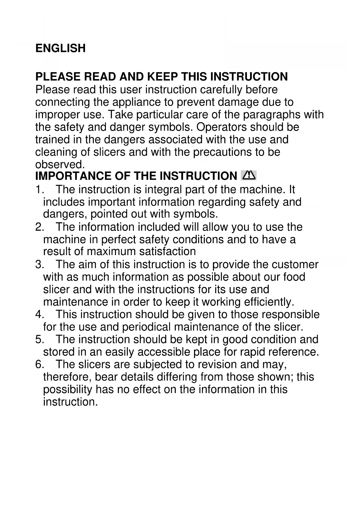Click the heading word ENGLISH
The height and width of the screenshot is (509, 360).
pyautogui.click(x=60, y=48)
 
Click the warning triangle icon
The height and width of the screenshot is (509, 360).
pyautogui.click(x=248, y=176)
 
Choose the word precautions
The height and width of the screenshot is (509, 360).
pyautogui.click(x=222, y=152)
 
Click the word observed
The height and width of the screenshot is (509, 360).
pyautogui.click(x=60, y=165)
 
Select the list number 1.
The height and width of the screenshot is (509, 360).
pyautogui.click(x=39, y=190)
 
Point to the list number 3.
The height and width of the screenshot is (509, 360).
pyautogui.click(x=39, y=265)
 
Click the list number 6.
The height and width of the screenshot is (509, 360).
pyautogui.click(x=39, y=364)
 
